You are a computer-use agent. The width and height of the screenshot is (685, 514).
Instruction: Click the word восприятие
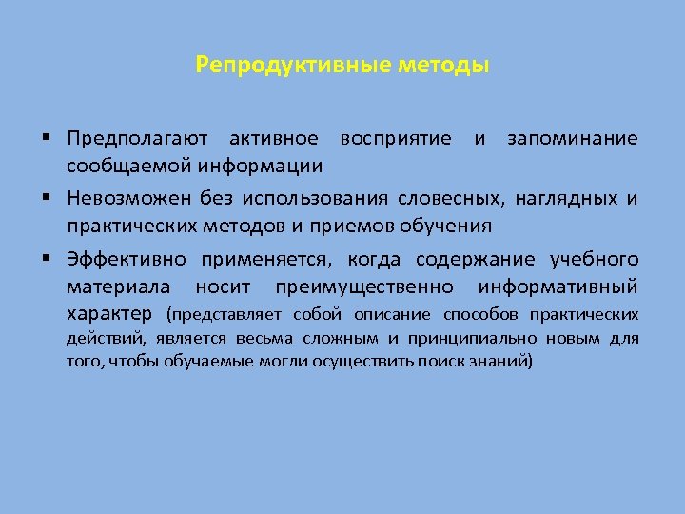pos(398,139)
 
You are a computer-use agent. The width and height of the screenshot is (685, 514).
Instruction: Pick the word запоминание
pos(573,139)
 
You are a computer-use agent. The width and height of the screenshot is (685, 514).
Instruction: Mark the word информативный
pos(558,287)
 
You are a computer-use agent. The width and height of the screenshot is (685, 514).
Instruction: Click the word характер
pos(110,314)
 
